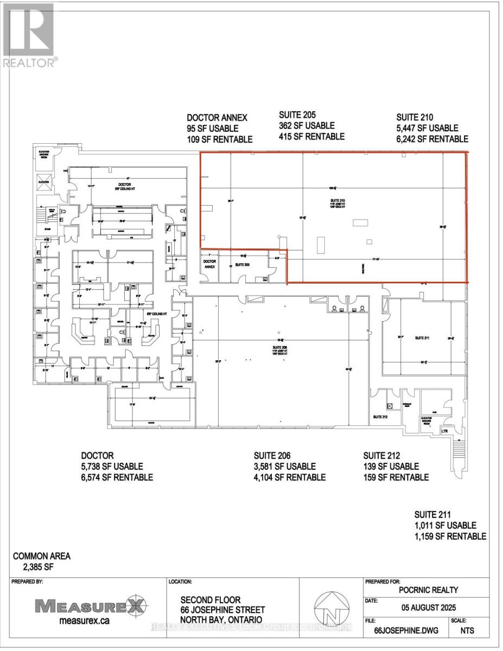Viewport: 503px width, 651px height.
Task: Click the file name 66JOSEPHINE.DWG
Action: pos(403,631)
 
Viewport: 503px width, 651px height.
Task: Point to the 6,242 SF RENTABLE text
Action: pos(432,139)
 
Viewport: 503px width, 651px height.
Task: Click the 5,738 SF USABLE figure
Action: pos(112,467)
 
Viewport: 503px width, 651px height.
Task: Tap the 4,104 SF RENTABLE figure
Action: pos(290,477)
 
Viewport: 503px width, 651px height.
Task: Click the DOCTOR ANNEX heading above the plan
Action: pos(217,117)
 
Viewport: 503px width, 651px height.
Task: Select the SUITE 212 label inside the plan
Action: pos(380,417)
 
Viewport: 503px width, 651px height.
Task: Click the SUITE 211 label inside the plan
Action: pos(422,337)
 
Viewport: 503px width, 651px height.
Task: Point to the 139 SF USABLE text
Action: pos(391,467)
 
